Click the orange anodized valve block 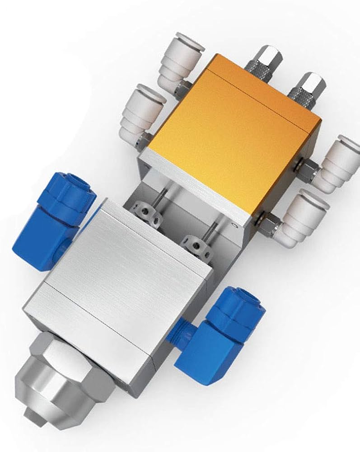click(x=230, y=136)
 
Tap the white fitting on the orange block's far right click(x=337, y=165)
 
